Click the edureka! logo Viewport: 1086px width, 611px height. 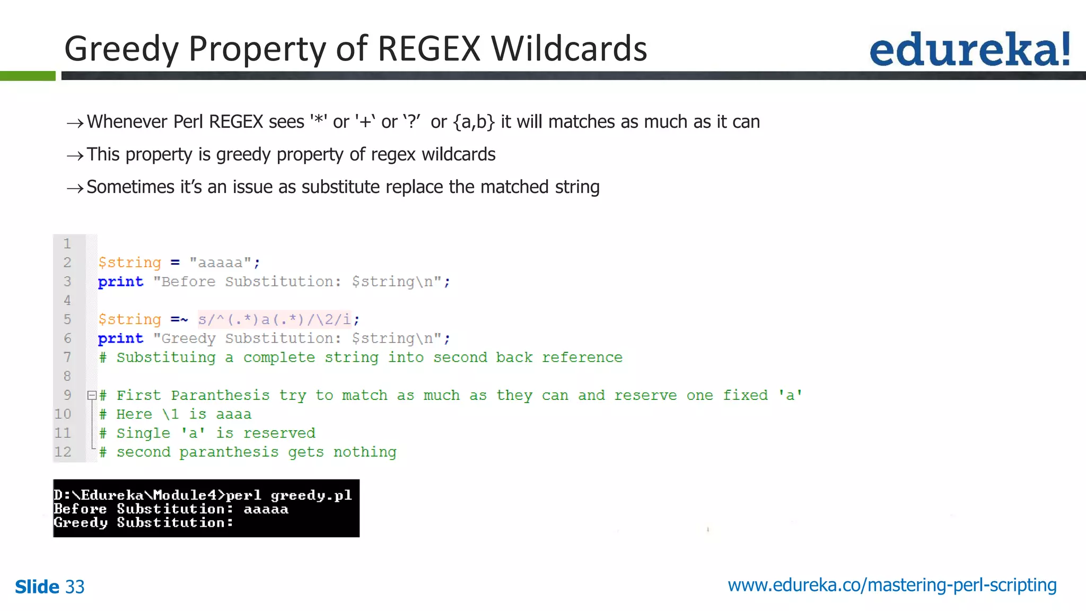[x=969, y=49]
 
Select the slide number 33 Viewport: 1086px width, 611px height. [x=75, y=587]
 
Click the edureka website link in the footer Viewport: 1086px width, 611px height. [x=892, y=585]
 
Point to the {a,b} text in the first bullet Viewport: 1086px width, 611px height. [x=474, y=122]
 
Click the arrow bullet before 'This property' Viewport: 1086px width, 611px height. [x=75, y=155]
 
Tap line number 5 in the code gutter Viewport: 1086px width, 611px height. [x=67, y=319]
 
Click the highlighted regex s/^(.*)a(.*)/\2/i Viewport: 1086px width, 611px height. [x=274, y=319]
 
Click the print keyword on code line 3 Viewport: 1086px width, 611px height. [x=120, y=282]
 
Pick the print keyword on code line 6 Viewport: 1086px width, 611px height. [x=120, y=338]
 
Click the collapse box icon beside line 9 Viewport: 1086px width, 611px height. [x=92, y=395]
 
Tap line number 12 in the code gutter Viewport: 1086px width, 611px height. [x=63, y=452]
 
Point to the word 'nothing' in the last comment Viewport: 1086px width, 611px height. [x=365, y=452]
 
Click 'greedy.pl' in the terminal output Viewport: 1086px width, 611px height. [x=311, y=495]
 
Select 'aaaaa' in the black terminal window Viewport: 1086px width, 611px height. [x=266, y=509]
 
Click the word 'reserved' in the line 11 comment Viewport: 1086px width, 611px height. [x=279, y=433]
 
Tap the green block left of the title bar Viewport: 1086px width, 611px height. [x=28, y=76]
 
